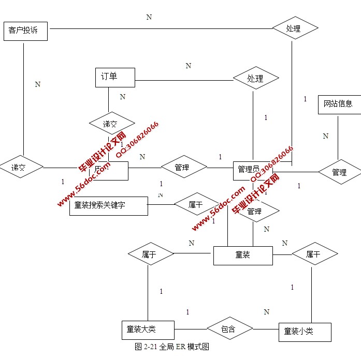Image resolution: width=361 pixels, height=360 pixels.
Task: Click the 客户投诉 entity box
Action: pos(25,31)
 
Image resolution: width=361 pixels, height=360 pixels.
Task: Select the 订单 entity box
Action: pos(115,77)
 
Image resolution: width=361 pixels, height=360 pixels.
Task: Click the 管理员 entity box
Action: pos(253,170)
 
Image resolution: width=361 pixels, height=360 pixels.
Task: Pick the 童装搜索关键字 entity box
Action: pos(108,205)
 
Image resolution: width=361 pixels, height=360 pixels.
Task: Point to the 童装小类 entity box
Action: pos(304,331)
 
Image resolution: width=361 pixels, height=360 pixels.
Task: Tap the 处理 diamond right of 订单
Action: pos(256,79)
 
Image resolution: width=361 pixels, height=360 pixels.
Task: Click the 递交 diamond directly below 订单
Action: pos(111,124)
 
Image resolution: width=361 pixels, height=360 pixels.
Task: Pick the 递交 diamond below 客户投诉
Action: pos(21,168)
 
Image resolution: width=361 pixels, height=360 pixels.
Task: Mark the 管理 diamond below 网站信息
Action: pos(340,172)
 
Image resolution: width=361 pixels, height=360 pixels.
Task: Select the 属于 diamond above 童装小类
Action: pos(314,254)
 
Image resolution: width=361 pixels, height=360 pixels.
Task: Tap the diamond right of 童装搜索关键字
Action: pos(196,205)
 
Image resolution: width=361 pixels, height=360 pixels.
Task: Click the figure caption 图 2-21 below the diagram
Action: pos(172,347)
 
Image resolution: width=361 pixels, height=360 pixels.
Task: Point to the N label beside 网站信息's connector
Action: pos(326,136)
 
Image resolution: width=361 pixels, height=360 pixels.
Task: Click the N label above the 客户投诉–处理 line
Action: pos(149,17)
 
